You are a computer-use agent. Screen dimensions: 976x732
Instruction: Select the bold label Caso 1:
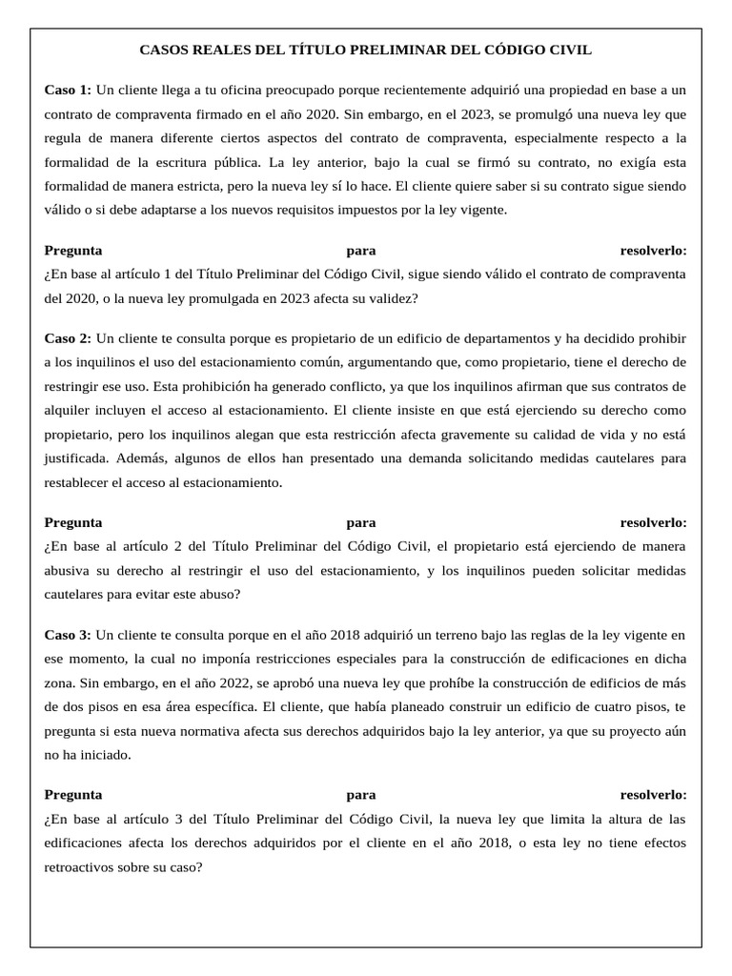click(x=68, y=90)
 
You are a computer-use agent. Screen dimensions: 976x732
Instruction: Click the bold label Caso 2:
click(x=68, y=338)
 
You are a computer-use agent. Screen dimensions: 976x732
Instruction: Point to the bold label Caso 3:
click(x=68, y=634)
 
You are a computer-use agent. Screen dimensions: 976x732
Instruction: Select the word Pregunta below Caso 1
click(x=73, y=251)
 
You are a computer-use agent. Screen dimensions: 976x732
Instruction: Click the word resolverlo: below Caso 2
click(x=653, y=522)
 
